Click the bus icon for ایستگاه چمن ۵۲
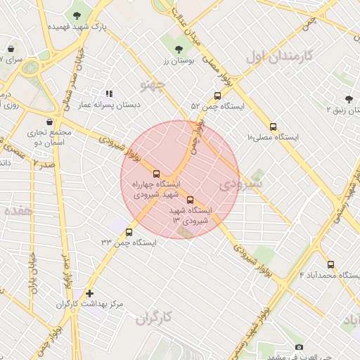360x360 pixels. (x=217, y=96)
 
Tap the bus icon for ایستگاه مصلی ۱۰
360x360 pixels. (x=273, y=127)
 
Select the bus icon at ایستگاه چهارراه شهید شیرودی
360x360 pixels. (x=156, y=174)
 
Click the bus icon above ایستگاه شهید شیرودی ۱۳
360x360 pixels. (x=190, y=200)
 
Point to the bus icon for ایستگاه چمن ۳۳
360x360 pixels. (x=129, y=232)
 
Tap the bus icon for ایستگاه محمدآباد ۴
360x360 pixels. (x=330, y=265)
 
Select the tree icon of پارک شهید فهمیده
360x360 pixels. (x=77, y=15)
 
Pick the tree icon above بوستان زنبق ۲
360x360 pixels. (x=349, y=99)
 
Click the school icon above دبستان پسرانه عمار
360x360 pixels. (x=108, y=94)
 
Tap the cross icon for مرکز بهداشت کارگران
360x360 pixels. (x=89, y=293)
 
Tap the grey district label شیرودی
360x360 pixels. (x=240, y=184)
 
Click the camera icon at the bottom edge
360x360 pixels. (x=299, y=347)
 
